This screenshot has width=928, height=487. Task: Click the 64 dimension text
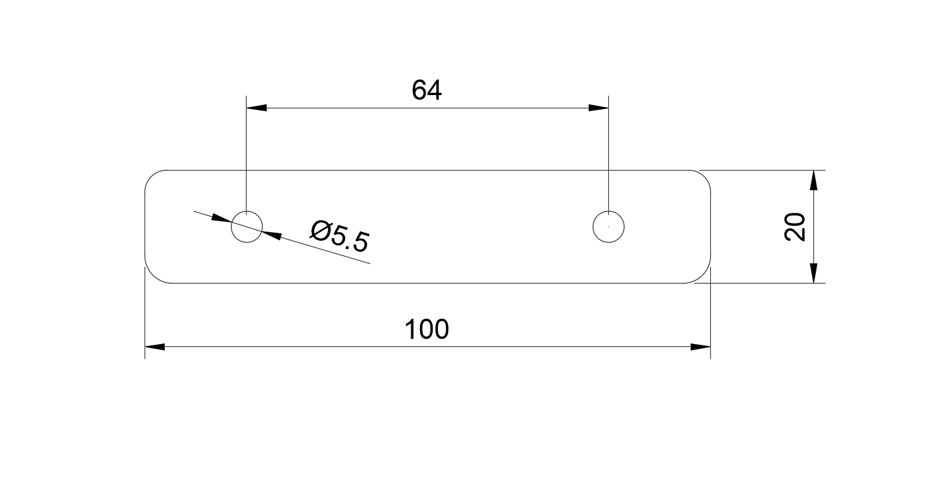[x=427, y=90]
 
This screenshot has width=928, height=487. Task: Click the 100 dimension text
[x=427, y=330]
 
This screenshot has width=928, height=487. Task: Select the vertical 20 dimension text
[x=795, y=226]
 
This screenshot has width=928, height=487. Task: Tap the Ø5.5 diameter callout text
[x=340, y=236]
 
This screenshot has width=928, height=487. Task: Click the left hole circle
[x=247, y=212]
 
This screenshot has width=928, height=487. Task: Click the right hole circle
[x=608, y=212]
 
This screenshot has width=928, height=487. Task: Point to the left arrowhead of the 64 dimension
[x=256, y=108]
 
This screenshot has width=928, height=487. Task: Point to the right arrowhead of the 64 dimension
[x=599, y=108]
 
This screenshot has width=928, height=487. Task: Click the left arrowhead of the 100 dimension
[x=155, y=347]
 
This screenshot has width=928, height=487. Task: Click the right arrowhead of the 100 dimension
[x=700, y=347]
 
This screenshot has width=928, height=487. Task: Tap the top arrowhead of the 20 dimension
[x=814, y=180]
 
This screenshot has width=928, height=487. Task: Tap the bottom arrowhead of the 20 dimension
[x=814, y=273]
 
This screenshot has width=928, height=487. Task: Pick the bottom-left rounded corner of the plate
[x=152, y=275]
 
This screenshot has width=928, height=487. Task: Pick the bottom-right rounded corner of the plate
[x=703, y=275]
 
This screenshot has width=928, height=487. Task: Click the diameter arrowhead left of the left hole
[x=221, y=219]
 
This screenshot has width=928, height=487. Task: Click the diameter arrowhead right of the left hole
[x=272, y=235]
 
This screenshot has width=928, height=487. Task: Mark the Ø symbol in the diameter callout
[x=321, y=231]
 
